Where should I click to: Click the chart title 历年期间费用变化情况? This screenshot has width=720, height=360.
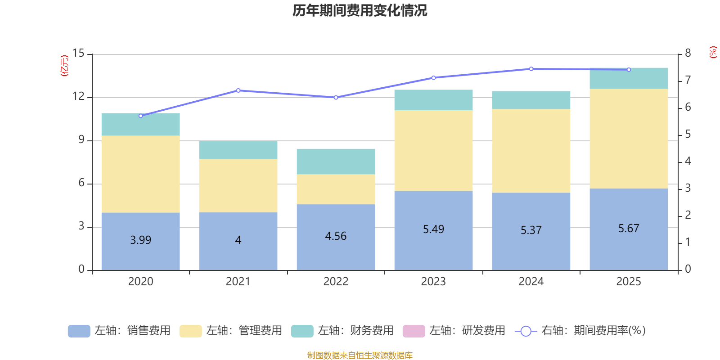[360, 10]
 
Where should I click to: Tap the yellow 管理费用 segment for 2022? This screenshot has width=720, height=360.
[336, 189]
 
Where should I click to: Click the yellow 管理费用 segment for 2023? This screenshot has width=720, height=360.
[433, 151]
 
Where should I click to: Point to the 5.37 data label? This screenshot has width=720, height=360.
[531, 230]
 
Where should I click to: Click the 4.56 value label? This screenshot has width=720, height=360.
[336, 236]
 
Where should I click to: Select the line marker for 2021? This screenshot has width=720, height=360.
[238, 90]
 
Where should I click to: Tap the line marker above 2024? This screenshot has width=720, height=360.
[531, 69]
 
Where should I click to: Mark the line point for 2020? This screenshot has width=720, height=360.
[140, 116]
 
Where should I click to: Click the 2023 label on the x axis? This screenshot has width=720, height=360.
[433, 282]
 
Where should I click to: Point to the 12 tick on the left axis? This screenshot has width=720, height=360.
[78, 96]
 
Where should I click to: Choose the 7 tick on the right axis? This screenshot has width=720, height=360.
[688, 80]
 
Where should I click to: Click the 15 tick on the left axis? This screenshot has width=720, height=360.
[78, 53]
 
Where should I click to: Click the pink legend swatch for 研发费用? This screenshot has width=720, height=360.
[414, 331]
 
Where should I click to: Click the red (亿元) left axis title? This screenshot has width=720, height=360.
[64, 66]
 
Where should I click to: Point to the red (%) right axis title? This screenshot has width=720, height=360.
[713, 52]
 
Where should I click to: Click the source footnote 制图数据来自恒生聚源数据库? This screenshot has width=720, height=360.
[360, 355]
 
